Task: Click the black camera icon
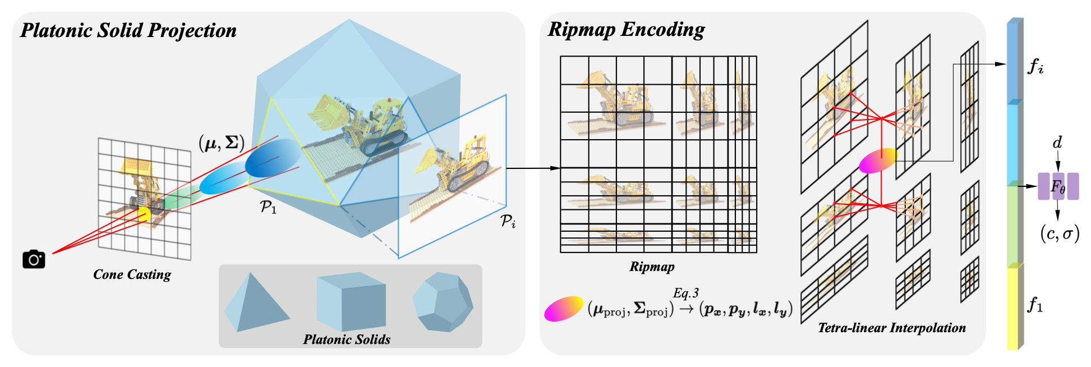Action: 34,259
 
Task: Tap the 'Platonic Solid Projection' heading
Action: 128,30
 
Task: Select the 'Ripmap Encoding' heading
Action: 626,29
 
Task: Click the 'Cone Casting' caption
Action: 132,274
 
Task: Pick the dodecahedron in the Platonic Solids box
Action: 443,301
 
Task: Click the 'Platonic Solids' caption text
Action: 347,339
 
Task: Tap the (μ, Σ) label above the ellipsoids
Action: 222,143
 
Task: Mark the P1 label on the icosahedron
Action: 268,207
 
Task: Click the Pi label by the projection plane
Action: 508,221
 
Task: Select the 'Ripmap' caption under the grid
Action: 652,267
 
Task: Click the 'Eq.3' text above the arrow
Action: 686,293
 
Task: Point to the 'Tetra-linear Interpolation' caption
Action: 892,328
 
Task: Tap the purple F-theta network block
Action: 1058,186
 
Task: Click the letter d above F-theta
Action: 1057,143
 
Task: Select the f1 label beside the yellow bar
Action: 1035,305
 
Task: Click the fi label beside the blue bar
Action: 1035,66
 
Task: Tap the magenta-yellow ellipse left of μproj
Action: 564,309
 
